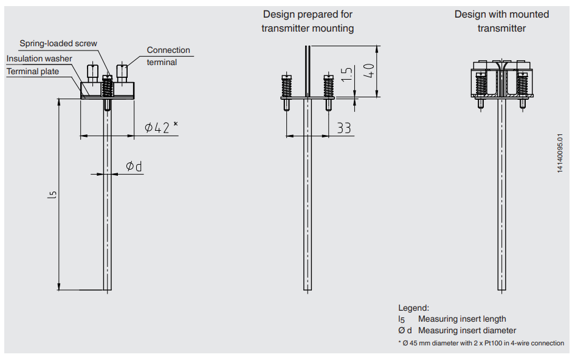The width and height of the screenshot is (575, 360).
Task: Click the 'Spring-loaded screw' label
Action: tap(58, 44)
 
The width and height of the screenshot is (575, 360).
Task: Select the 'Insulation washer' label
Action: tap(40, 59)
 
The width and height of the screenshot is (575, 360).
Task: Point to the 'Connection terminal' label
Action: tap(168, 56)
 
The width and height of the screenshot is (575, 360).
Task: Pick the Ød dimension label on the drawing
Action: tap(134, 166)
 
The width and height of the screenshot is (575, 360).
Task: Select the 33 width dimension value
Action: tap(344, 128)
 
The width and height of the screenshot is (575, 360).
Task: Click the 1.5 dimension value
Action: tap(346, 75)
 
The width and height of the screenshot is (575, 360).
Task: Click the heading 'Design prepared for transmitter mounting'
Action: tap(308, 21)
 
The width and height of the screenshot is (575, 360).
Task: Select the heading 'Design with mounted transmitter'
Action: tap(501, 21)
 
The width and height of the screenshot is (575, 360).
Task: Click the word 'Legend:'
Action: tap(413, 308)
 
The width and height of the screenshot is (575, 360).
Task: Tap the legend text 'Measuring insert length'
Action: tap(462, 319)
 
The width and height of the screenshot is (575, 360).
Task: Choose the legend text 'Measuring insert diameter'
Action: tap(467, 331)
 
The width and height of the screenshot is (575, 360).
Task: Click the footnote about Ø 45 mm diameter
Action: tap(481, 344)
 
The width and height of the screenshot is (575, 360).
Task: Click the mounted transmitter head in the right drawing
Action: tap(502, 80)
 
